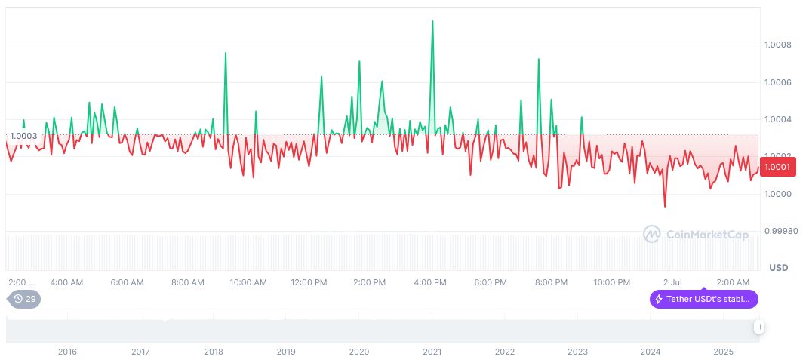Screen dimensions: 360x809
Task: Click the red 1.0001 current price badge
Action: coord(777,167)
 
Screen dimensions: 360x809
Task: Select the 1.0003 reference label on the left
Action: coord(22,136)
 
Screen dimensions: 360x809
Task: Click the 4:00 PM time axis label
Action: coord(429,282)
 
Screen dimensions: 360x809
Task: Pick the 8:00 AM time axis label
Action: coord(187,282)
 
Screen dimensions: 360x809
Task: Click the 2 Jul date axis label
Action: coord(672,282)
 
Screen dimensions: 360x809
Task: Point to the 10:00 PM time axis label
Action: coord(611,282)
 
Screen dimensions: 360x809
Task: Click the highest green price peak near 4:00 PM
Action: coord(432,21)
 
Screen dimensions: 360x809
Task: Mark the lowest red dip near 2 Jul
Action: coord(664,206)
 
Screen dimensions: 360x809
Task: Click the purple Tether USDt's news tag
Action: coord(703,299)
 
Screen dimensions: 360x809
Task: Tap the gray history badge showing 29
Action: coord(25,299)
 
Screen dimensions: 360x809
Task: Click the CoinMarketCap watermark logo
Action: coord(695,235)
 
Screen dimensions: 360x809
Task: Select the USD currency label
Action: coord(778,268)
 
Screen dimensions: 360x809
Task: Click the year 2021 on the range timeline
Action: coord(432,352)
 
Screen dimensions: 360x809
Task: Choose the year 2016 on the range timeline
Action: coord(67,352)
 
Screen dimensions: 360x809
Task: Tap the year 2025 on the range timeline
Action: coord(723,352)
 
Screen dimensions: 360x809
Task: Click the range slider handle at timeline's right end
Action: coord(759,327)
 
